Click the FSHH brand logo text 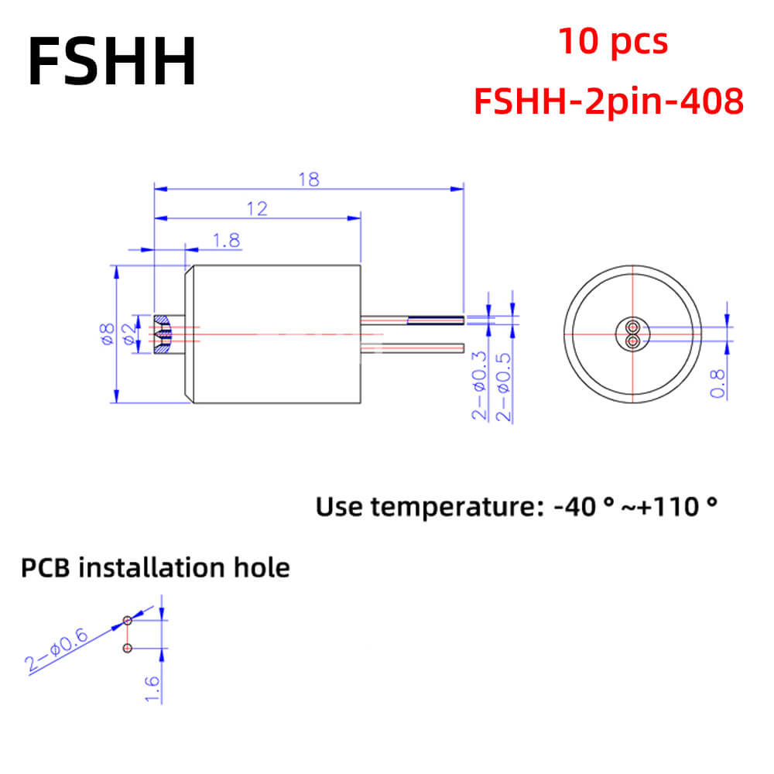112,62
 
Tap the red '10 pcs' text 613,42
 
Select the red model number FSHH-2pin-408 608,101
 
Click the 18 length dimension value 309,180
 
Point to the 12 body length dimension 257,209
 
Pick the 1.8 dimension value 226,241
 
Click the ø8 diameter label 107,334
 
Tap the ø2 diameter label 128,334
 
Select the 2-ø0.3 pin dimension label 479,385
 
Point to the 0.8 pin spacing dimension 717,384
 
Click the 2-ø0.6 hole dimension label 57,649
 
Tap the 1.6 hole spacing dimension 152,689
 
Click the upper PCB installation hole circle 128,621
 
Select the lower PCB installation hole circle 128,648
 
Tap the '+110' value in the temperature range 667,507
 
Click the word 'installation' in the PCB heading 152,567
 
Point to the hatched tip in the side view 162,334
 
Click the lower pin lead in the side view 413,348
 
